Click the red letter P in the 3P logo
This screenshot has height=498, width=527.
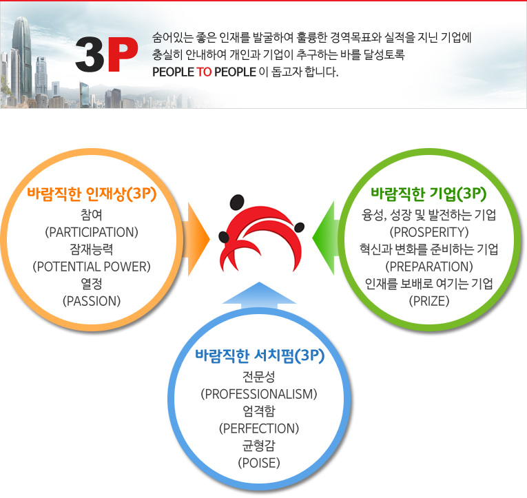click(x=123, y=54)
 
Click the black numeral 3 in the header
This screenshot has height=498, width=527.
click(x=90, y=54)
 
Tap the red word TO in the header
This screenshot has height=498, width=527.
click(x=204, y=72)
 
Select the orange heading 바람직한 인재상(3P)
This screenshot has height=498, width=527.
click(x=92, y=194)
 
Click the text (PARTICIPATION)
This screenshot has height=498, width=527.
click(x=92, y=232)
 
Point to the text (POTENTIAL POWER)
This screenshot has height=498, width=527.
click(x=92, y=267)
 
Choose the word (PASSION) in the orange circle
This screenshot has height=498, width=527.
click(x=92, y=301)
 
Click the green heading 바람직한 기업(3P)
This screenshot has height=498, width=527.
click(x=429, y=194)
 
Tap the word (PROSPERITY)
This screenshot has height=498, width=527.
click(x=429, y=232)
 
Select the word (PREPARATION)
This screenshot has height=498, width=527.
click(x=429, y=267)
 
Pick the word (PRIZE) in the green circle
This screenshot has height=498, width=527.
click(x=429, y=301)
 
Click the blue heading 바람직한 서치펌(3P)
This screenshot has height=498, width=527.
click(x=260, y=356)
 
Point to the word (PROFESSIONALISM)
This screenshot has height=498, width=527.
click(x=259, y=394)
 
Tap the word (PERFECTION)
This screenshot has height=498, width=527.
click(x=259, y=428)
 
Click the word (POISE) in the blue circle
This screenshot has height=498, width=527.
click(x=259, y=463)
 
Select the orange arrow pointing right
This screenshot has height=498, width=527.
click(x=196, y=239)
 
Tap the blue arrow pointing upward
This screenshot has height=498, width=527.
click(x=259, y=295)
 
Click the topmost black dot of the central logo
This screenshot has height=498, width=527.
click(x=237, y=203)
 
